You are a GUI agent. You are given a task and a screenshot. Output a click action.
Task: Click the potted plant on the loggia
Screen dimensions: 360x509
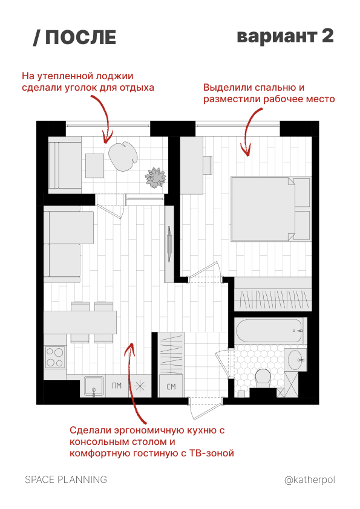155,177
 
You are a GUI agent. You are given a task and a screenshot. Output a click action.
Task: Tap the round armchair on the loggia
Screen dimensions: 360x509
123,157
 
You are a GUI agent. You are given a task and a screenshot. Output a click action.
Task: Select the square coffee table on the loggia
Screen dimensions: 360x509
95,166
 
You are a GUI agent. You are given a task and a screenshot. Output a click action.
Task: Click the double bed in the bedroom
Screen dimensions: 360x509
270,209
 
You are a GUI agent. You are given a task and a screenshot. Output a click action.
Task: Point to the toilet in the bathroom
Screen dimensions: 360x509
263,377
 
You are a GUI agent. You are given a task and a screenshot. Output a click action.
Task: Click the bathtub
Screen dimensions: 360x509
269,331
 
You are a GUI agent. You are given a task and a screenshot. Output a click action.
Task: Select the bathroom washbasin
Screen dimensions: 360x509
296,360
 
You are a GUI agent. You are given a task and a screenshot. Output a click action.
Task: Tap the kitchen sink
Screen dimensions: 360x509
94,386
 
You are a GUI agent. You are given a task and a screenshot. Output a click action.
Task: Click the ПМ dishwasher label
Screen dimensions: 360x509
117,386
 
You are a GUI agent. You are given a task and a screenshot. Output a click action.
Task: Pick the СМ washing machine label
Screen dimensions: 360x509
171,387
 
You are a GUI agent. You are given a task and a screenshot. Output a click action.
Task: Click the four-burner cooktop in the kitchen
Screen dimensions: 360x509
54,357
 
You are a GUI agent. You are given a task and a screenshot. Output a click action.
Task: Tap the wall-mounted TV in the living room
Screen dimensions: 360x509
169,244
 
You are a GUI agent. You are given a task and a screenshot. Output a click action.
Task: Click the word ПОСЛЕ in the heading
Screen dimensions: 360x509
80,37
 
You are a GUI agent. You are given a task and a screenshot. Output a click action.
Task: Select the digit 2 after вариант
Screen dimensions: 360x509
328,36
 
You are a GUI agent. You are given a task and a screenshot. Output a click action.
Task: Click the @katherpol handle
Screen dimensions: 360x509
310,480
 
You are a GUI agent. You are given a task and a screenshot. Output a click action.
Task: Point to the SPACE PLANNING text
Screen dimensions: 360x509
66,479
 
